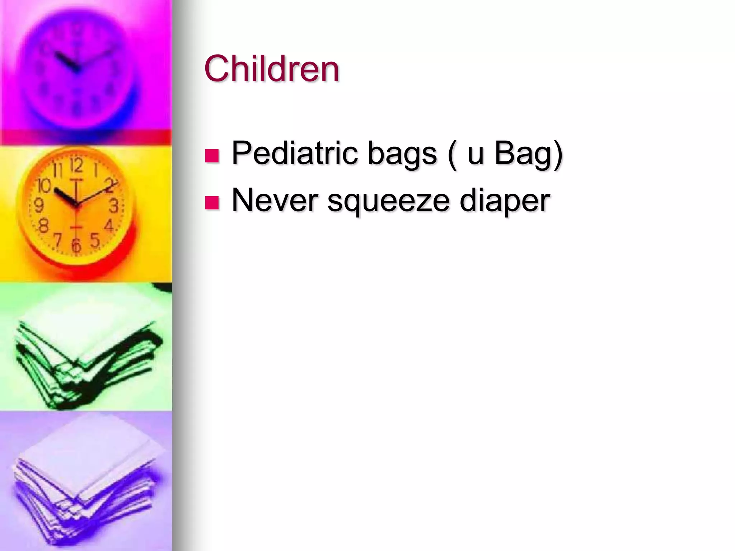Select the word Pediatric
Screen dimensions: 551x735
click(294, 153)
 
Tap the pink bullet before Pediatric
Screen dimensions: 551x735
click(212, 156)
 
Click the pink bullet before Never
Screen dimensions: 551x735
click(212, 203)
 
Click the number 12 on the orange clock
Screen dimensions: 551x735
click(76, 166)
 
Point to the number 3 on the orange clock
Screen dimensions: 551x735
click(113, 206)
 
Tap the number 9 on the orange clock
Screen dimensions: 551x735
click(39, 206)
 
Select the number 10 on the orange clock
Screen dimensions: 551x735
click(45, 185)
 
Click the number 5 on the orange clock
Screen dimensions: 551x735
click(94, 240)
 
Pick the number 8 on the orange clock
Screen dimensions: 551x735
click(43, 226)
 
